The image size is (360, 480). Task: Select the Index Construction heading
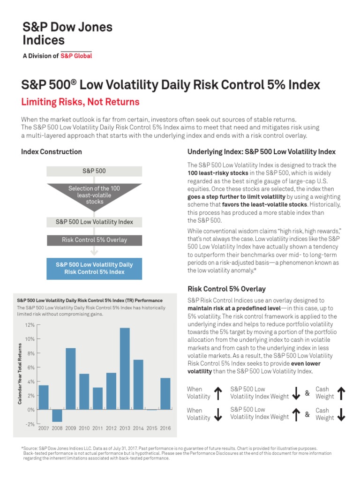tap(52, 152)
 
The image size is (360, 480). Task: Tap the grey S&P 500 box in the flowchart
tap(94, 171)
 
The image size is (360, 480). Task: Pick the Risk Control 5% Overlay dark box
tap(94, 240)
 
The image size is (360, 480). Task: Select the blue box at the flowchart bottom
tap(94, 268)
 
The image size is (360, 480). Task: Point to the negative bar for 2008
tap(57, 415)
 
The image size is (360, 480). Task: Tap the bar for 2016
tap(165, 394)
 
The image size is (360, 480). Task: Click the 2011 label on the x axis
tap(97, 428)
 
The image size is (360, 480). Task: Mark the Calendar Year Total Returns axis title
tap(20, 374)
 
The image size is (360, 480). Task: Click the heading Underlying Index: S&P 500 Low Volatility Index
tap(261, 152)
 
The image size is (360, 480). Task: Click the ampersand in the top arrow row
tap(307, 393)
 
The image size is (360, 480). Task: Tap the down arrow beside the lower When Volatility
tap(218, 414)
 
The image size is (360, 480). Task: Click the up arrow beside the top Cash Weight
tap(341, 393)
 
